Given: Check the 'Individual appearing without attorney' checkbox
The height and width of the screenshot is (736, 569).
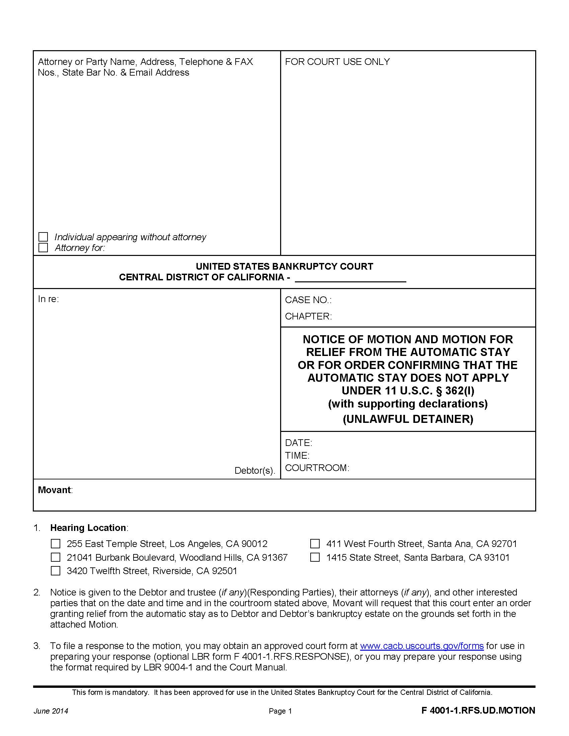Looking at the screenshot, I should [x=43, y=237].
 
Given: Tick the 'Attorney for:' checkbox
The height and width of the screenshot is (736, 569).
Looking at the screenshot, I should [x=43, y=248].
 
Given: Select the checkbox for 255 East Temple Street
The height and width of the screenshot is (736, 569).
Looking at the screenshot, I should [x=55, y=544].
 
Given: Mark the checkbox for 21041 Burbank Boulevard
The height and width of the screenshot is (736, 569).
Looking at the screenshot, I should [x=55, y=557].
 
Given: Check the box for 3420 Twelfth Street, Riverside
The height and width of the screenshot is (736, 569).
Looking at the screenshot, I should [x=55, y=570].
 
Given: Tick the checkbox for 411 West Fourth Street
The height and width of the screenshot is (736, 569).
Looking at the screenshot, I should [x=315, y=544].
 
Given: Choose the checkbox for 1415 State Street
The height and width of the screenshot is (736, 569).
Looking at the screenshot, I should [x=315, y=557].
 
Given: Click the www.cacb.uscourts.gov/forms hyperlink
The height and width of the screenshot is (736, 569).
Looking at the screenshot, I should [x=422, y=646].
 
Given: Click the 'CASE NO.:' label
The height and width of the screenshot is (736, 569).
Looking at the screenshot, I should [x=308, y=300].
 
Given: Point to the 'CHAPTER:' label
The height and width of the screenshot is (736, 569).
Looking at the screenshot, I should [x=308, y=316].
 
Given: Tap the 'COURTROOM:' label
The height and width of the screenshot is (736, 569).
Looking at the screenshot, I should [x=317, y=468].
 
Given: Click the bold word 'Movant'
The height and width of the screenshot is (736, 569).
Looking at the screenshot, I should [x=54, y=490].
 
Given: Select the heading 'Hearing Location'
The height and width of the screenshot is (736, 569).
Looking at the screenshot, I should [x=88, y=527].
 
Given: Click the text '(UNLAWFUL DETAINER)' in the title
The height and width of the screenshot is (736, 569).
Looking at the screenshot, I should [x=408, y=419].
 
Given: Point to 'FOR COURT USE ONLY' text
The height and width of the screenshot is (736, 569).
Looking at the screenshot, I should [x=337, y=62].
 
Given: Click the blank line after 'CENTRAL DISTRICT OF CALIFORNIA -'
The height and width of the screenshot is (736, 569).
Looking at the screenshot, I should [x=350, y=278].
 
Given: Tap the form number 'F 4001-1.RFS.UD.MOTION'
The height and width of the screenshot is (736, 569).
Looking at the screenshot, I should [x=478, y=710].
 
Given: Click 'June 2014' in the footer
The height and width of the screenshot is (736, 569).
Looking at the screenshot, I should [x=51, y=711].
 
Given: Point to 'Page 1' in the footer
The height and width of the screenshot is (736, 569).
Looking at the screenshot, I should [x=280, y=711].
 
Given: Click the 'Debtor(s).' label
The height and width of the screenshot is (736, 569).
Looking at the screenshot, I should [x=254, y=470].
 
